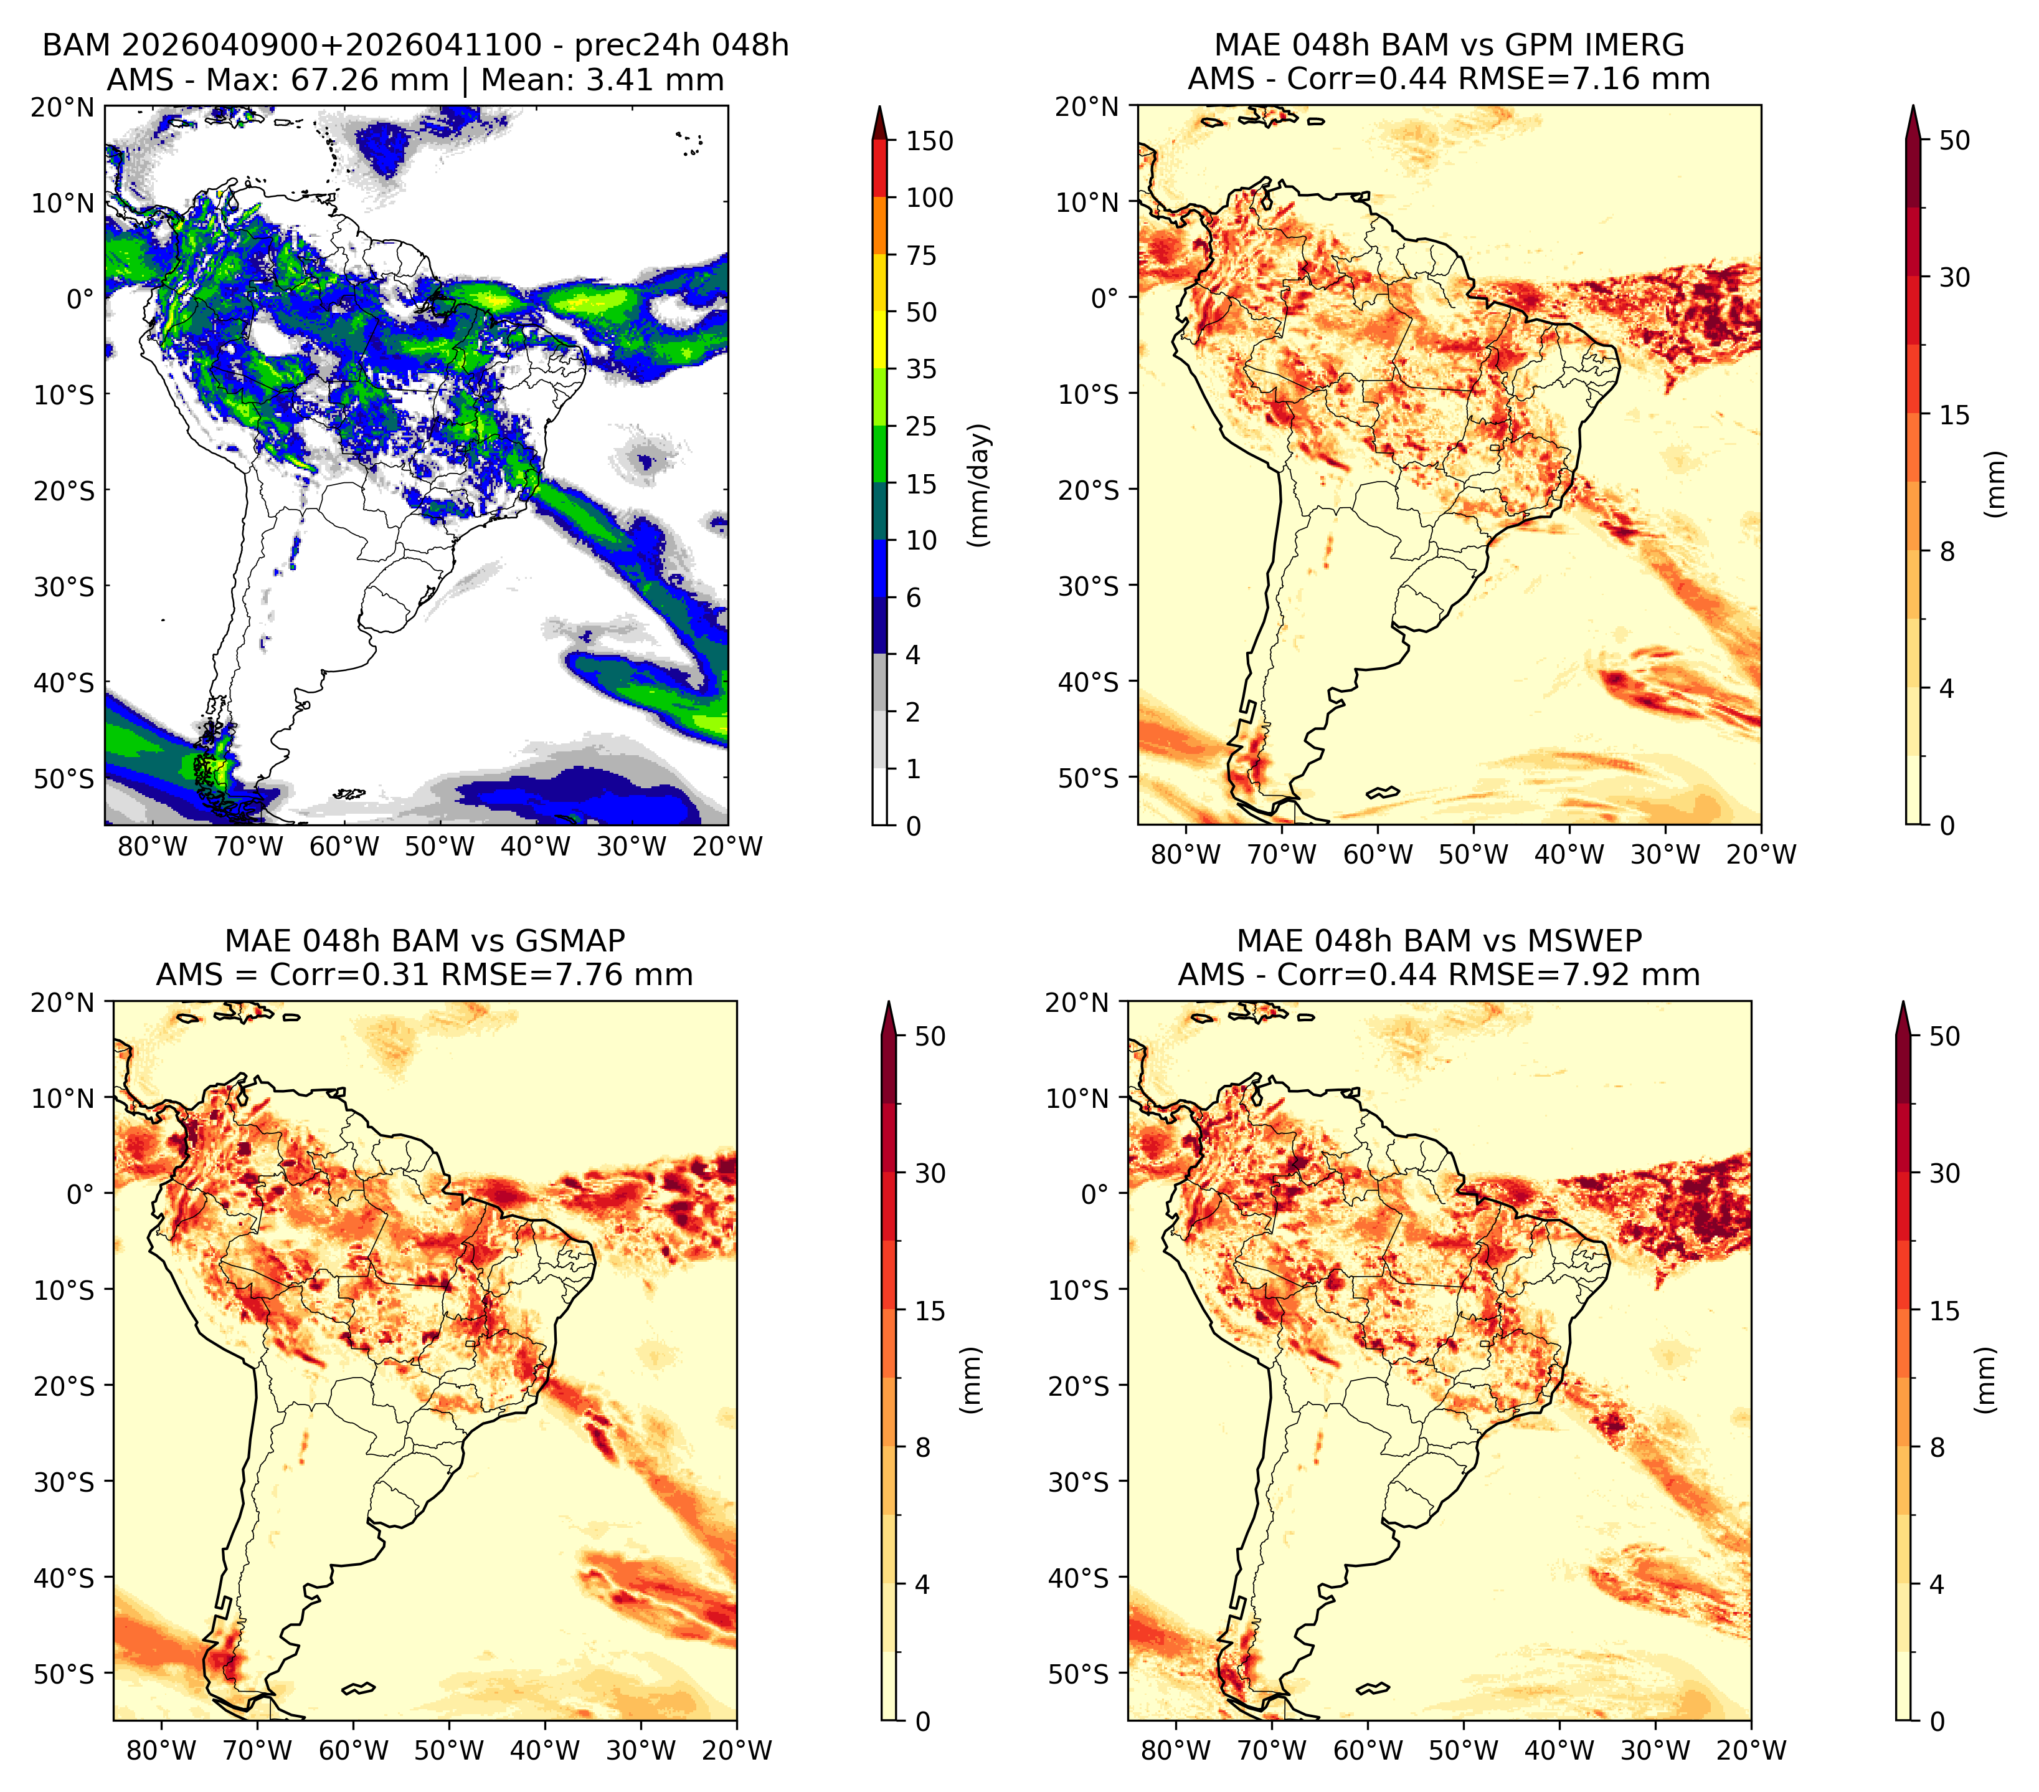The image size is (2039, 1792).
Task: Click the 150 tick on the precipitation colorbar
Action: tap(929, 141)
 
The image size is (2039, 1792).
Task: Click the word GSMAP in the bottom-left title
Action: tap(570, 941)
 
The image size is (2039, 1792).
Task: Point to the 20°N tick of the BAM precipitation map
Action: tap(63, 107)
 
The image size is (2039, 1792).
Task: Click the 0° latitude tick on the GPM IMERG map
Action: tap(1105, 297)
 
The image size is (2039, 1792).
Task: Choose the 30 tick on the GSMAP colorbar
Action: tap(930, 1173)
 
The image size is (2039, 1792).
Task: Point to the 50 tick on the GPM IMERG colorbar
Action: tap(1954, 141)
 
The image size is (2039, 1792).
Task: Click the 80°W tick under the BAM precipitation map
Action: tap(153, 846)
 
